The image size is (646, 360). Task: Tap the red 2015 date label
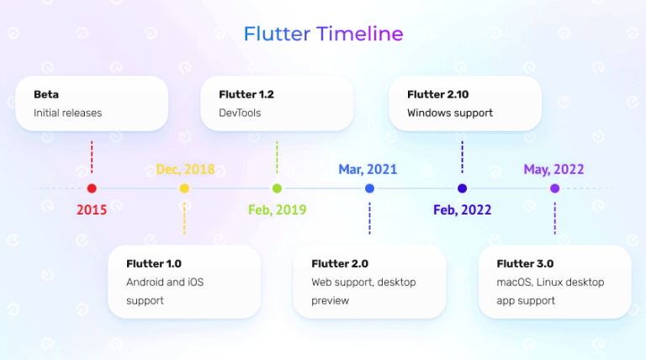[x=92, y=209]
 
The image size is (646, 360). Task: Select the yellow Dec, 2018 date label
[x=185, y=169]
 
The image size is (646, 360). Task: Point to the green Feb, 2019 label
[x=277, y=209]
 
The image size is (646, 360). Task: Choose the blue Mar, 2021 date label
[x=368, y=169]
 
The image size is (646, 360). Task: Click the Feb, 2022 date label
[x=462, y=209]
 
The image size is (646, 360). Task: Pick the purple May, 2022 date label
[x=553, y=169]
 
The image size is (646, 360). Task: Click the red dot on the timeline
[x=92, y=188]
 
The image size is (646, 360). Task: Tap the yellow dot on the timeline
[x=184, y=188]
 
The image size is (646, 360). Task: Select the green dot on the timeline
[x=277, y=188]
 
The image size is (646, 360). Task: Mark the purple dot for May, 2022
[x=554, y=188]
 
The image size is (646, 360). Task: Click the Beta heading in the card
[x=46, y=94]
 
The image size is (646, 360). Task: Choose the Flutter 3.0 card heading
[x=525, y=263]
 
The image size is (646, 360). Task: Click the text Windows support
[x=450, y=113]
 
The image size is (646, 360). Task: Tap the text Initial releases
[x=67, y=113]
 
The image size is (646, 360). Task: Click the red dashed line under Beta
[x=92, y=157]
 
